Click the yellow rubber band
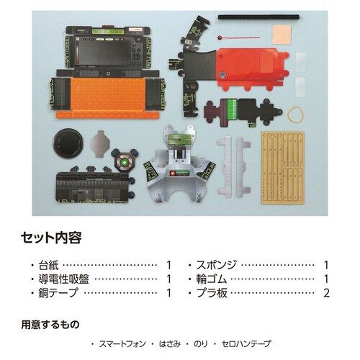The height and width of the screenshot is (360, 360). click(296, 113)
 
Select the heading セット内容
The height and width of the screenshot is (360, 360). click(50, 236)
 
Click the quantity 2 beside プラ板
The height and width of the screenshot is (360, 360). click(326, 293)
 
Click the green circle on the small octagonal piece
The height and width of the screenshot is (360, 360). click(125, 163)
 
